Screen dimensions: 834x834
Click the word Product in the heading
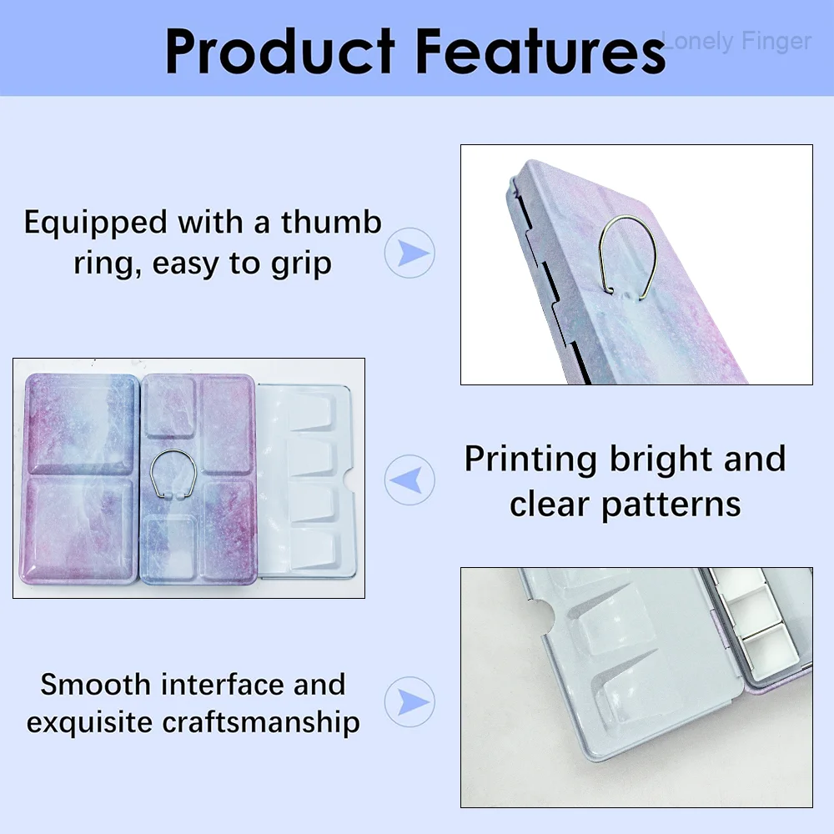(x=280, y=51)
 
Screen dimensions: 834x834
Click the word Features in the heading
(x=540, y=51)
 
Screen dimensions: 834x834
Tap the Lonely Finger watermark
(x=736, y=42)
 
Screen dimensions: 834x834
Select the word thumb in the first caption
(x=331, y=222)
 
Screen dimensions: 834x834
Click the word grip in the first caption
(x=301, y=264)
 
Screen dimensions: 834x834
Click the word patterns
(x=671, y=505)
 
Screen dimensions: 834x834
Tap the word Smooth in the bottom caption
(x=96, y=684)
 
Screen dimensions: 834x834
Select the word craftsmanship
(x=260, y=723)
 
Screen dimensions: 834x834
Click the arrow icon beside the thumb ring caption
(x=409, y=253)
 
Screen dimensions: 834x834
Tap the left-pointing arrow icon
(x=409, y=480)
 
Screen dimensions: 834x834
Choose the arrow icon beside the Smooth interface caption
(x=409, y=701)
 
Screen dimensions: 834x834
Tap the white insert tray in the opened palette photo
(x=305, y=481)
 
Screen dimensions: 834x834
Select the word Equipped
(x=96, y=224)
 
